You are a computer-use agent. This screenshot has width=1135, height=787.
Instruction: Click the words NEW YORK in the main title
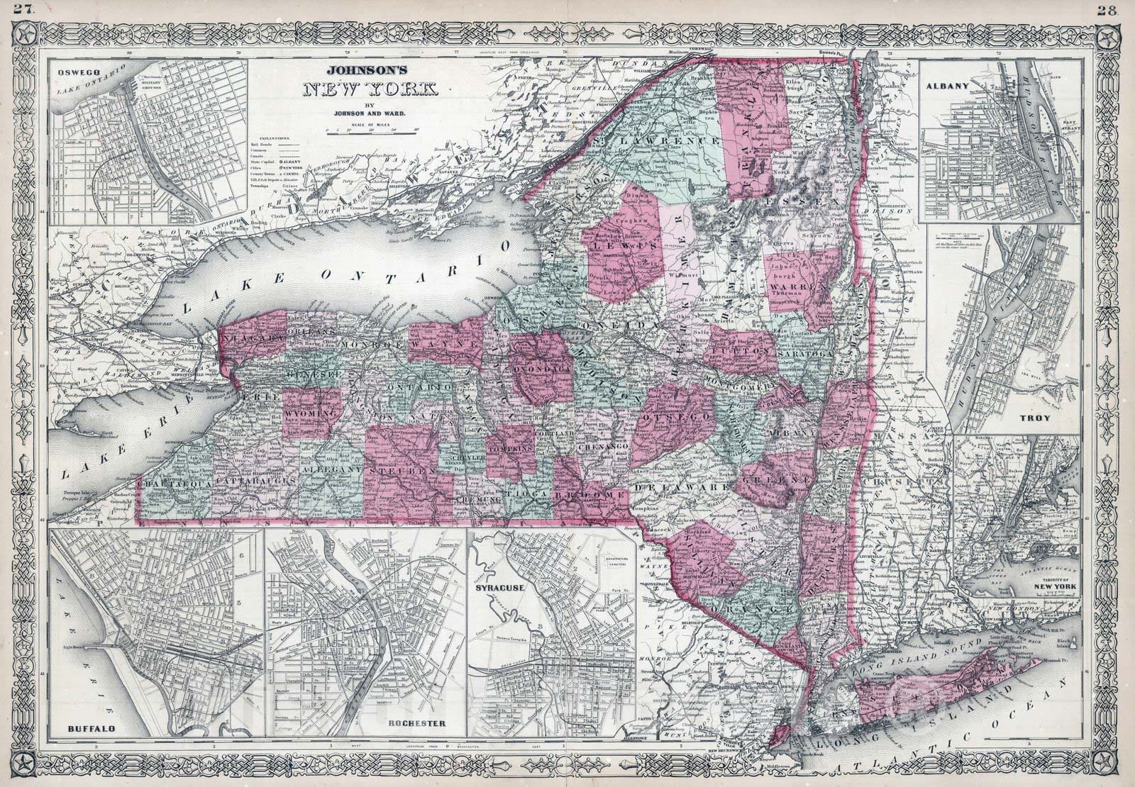[371, 90]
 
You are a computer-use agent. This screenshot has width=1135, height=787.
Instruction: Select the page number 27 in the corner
[13, 9]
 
